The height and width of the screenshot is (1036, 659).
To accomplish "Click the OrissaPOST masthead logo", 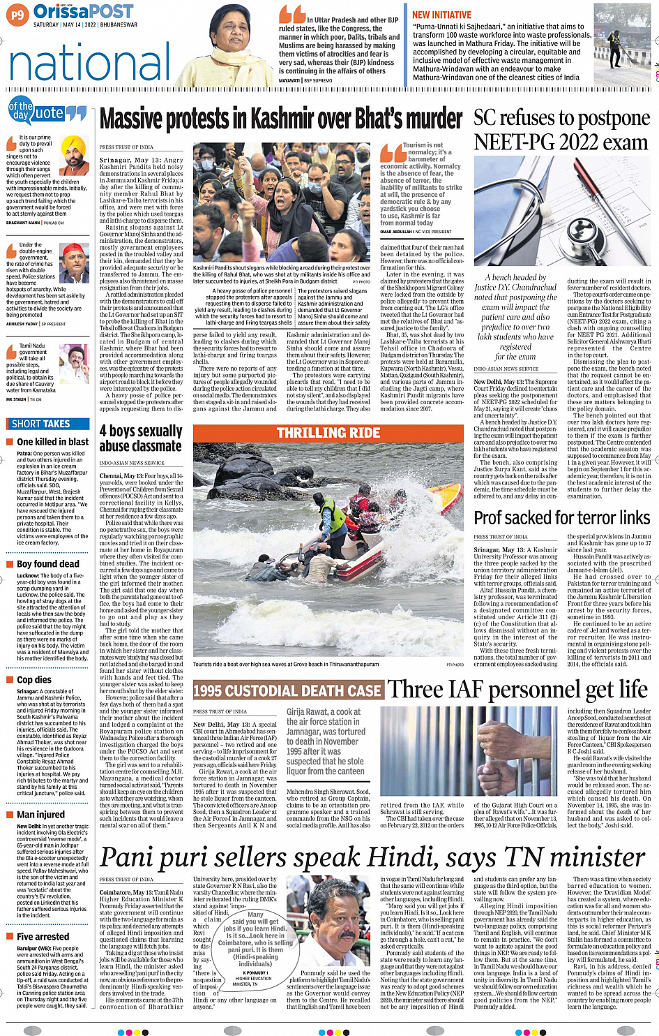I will (83, 12).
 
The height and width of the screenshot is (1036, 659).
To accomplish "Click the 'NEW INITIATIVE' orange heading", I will (441, 15).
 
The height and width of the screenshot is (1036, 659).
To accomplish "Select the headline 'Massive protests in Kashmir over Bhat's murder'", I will (281, 121).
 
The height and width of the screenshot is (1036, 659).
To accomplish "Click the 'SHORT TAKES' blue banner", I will (41, 424).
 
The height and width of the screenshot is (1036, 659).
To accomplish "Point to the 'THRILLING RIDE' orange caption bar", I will (328, 433).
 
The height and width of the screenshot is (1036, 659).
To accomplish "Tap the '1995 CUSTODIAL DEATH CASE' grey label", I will (287, 691).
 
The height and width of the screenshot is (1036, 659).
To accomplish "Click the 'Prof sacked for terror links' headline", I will (562, 517).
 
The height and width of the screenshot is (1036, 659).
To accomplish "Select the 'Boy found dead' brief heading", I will (48, 564).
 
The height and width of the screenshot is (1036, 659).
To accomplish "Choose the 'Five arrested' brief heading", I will (43, 936).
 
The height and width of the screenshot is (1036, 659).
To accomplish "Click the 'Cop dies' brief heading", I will (34, 679).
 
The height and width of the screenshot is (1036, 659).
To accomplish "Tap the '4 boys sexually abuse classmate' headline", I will (140, 438).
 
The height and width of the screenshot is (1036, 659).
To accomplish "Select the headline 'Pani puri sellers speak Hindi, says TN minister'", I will (373, 857).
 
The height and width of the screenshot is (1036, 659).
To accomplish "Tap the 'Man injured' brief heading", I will (40, 814).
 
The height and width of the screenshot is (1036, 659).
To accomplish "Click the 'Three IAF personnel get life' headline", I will (517, 690).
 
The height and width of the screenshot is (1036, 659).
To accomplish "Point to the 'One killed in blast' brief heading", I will (52, 442).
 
